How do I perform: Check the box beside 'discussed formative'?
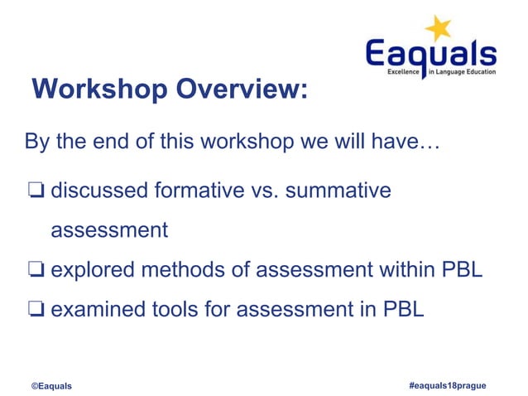click(35, 191)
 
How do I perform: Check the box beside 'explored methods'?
click(35, 270)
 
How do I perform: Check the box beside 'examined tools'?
click(35, 311)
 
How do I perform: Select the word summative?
click(337, 191)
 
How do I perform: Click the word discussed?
click(100, 191)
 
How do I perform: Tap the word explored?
click(95, 270)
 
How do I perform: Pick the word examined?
click(98, 311)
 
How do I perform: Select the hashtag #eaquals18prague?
click(447, 385)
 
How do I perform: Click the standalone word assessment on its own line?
click(109, 230)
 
